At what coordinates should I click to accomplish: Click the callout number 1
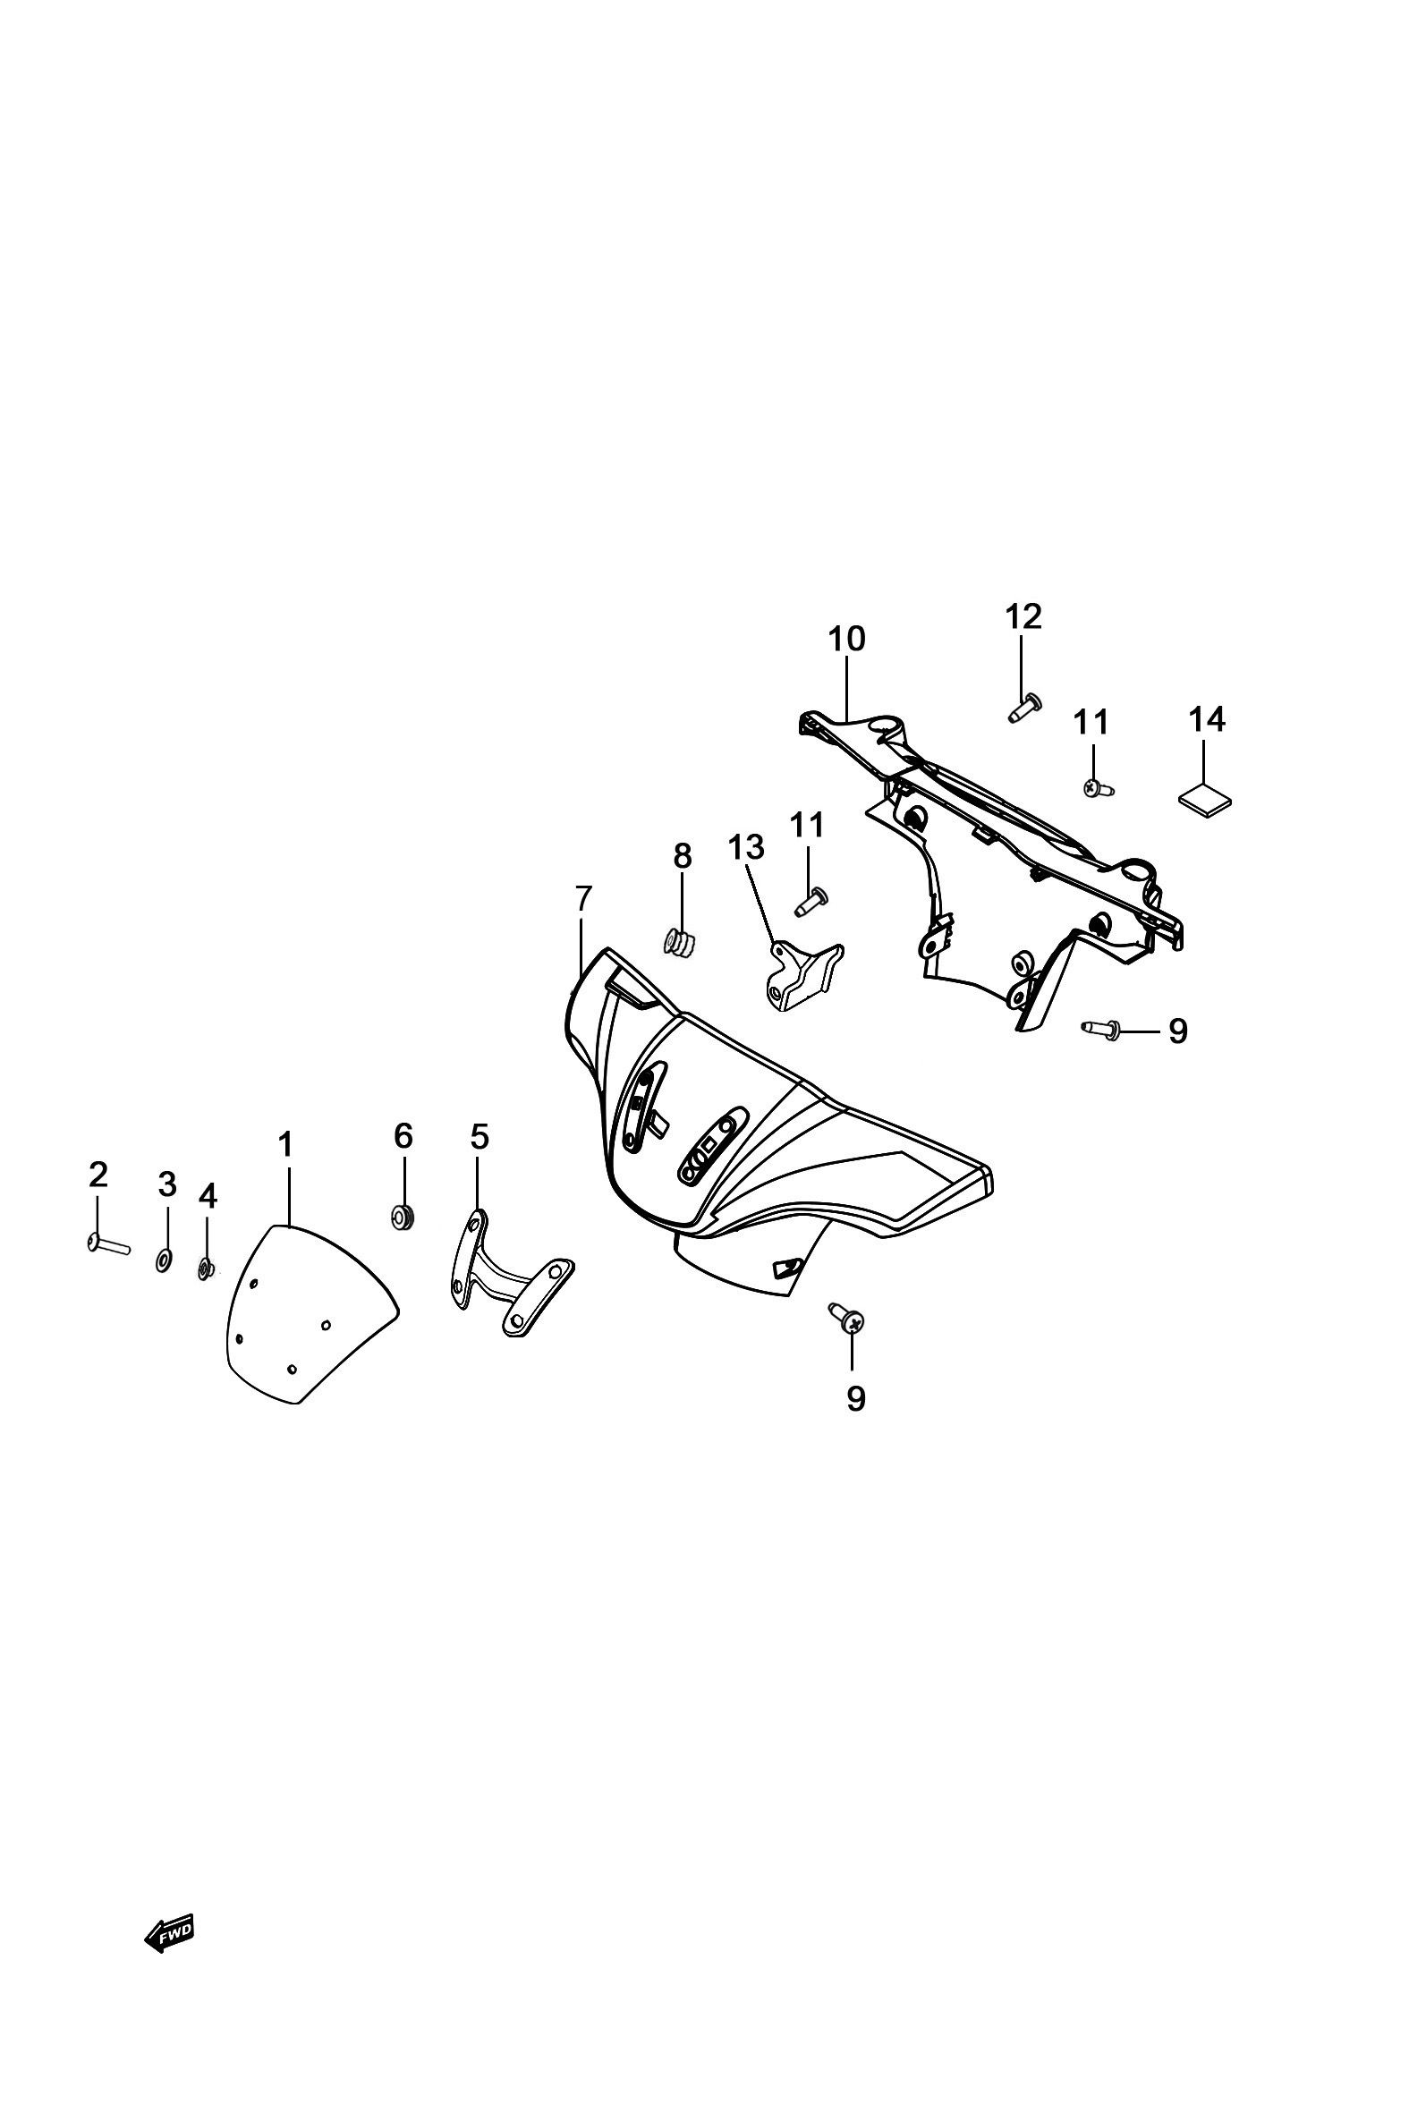285,1144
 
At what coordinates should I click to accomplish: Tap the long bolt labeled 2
110,1244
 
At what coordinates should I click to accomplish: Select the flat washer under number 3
165,1260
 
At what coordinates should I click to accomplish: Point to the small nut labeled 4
205,1269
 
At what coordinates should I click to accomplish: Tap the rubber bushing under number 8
681,943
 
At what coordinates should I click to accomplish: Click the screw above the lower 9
847,1319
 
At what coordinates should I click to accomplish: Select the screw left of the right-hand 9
1102,1029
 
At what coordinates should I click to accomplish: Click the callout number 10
846,639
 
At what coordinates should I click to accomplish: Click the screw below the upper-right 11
1097,789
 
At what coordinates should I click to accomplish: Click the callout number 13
746,846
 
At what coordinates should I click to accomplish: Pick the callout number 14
1207,719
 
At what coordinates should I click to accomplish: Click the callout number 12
1023,617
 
